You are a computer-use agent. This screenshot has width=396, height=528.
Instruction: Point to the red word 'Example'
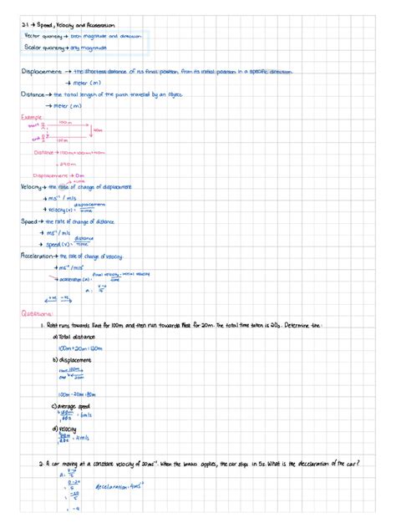[x=31, y=118]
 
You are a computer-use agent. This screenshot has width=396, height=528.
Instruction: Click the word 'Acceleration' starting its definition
[x=37, y=256]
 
